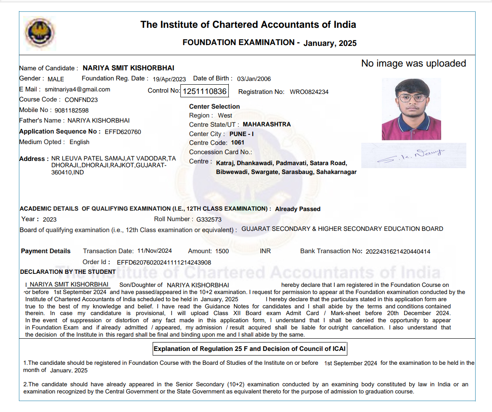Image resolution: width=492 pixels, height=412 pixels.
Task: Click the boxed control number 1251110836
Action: [x=205, y=91]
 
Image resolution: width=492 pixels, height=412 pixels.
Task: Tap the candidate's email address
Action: [x=77, y=89]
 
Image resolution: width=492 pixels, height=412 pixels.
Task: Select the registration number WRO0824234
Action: [x=309, y=92]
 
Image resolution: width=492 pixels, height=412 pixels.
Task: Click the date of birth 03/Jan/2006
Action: [x=254, y=79]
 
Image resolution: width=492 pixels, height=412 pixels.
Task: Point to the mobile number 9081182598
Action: [x=71, y=110]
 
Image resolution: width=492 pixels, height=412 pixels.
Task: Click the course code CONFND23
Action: [x=81, y=100]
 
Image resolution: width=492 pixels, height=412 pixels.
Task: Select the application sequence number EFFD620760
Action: [x=123, y=132]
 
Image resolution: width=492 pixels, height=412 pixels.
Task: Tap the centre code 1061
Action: [x=238, y=143]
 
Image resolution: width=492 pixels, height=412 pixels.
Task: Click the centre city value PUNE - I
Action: [x=241, y=134]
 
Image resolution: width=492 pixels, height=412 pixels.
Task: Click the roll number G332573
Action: [x=209, y=219]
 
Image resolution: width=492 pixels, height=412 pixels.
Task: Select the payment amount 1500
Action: [x=222, y=251]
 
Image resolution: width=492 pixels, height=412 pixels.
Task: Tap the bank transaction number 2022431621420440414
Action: [x=398, y=251]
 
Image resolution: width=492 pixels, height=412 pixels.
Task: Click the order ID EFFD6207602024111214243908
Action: [x=164, y=262]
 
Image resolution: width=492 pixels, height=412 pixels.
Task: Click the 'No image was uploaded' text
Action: [x=413, y=64]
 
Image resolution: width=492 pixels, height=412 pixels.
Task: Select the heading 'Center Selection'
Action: [x=214, y=107]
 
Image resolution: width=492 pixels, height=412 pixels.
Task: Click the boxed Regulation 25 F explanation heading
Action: [x=250, y=349]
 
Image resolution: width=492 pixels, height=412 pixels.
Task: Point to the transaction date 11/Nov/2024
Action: [x=154, y=251]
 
